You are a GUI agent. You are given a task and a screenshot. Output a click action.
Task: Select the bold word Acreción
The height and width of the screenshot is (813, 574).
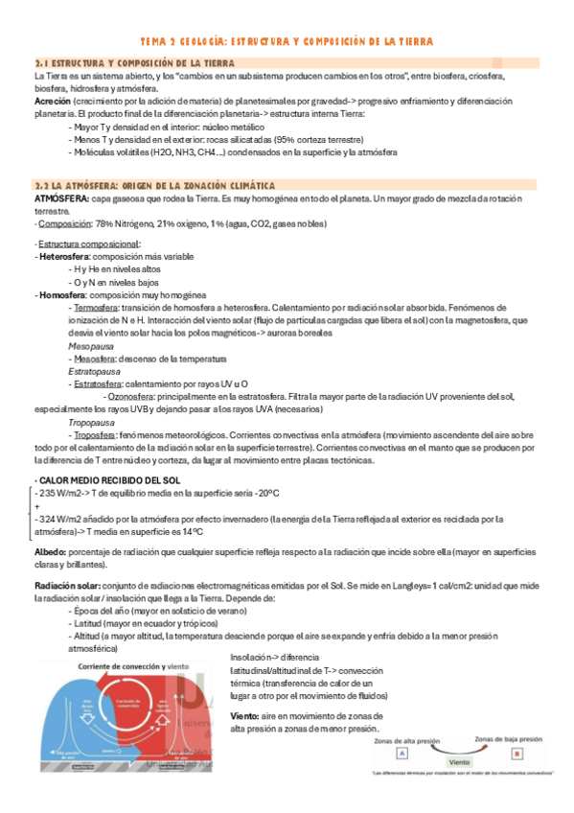[51, 101]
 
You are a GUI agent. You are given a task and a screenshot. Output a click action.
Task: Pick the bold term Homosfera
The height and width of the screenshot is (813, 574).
[61, 294]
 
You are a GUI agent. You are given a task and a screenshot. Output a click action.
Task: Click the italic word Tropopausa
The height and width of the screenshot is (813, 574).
[91, 420]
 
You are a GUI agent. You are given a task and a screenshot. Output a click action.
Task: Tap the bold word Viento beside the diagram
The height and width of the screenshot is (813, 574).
[248, 716]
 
